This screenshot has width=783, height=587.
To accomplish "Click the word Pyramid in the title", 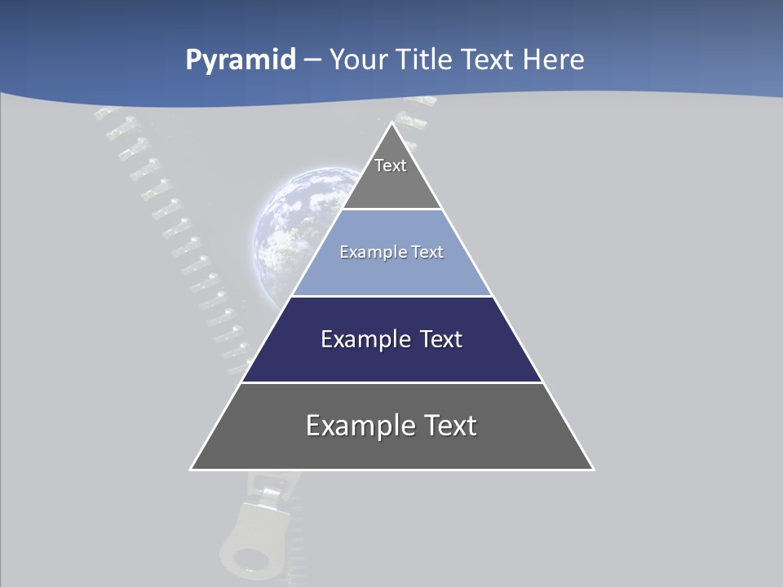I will pyautogui.click(x=241, y=60).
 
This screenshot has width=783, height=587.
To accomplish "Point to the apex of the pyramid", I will pyautogui.click(x=391, y=124).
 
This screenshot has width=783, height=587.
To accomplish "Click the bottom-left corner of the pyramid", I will pyautogui.click(x=192, y=469).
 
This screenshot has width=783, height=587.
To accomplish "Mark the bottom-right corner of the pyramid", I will pyautogui.click(x=592, y=469).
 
